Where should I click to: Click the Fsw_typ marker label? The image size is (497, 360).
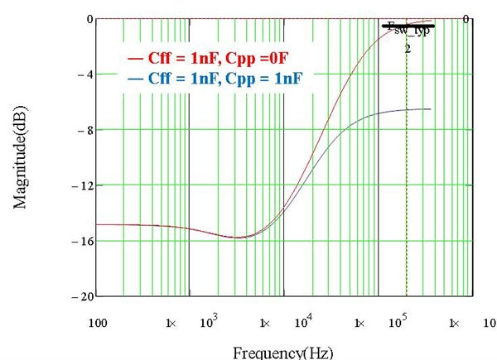coord(408,38)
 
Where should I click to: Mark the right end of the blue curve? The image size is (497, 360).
coord(430,109)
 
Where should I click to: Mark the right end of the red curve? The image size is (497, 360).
coord(432,21)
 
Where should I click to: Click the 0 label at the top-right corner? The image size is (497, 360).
coord(467,18)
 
